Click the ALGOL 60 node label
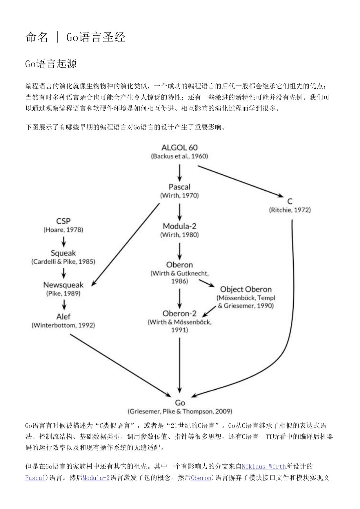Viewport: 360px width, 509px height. coord(179,147)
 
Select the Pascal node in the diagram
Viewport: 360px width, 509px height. coord(179,187)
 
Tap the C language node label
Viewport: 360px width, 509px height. coord(290,201)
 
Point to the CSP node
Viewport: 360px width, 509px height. coord(63,221)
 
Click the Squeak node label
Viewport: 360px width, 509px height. coord(63,253)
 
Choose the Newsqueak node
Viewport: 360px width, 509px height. coord(63,285)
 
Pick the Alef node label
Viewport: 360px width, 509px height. coord(63,316)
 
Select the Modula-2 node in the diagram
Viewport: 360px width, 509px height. coord(179,226)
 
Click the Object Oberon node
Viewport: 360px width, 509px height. coord(246,289)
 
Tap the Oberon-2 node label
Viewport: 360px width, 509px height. coord(179,313)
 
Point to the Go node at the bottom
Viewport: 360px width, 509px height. coord(180,403)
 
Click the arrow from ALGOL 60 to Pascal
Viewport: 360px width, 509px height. coord(179,173)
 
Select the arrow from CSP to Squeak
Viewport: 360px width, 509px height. coord(63,241)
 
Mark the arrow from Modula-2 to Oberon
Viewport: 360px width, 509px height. coord(179,251)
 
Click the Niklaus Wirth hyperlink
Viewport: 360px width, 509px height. coord(263,466)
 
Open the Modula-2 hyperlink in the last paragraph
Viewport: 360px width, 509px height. coord(96,478)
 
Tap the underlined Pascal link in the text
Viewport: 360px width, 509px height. coord(35,478)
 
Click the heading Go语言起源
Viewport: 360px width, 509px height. coord(51,64)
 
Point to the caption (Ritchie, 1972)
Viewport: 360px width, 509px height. coord(290,210)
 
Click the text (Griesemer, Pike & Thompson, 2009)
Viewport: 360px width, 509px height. coord(180,411)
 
